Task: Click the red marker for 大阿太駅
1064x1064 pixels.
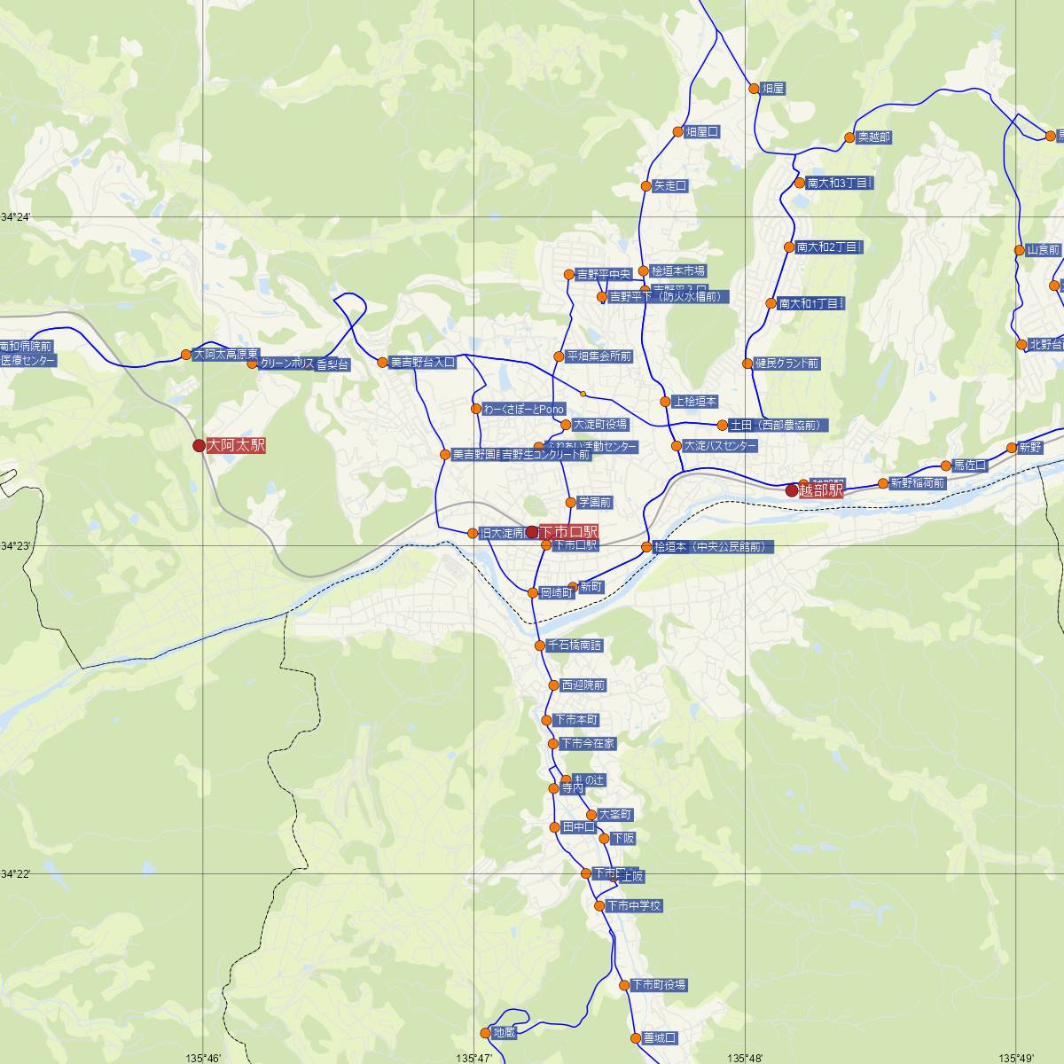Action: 199,446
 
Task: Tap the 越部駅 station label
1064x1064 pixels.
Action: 821,490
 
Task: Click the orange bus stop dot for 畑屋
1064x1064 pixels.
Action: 755,89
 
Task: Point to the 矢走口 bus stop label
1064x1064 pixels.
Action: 670,186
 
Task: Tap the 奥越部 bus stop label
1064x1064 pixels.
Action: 873,137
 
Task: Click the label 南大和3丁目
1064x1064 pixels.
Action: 840,184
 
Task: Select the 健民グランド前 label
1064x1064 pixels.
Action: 786,364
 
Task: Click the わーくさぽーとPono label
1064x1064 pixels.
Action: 524,409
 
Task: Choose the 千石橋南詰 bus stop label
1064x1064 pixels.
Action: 574,645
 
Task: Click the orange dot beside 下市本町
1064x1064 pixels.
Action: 546,720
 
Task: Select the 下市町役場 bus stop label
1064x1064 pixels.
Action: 658,985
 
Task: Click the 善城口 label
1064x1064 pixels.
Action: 660,1037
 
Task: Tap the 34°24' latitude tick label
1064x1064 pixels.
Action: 16,216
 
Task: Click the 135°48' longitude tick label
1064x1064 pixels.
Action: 746,1058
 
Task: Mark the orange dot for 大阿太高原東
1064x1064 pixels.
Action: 185,355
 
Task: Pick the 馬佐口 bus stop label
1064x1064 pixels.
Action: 969,465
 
